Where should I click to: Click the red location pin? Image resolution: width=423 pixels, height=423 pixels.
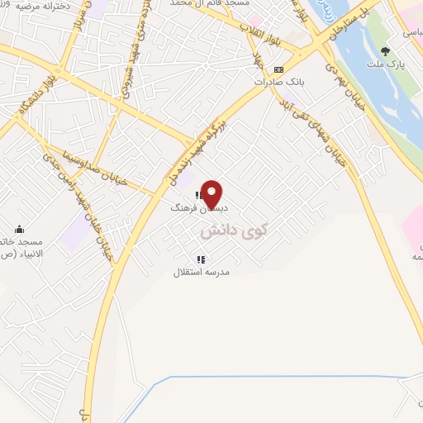213,194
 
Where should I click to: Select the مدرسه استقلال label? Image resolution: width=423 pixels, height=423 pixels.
202,272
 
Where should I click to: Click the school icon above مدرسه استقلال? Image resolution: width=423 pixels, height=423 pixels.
201,259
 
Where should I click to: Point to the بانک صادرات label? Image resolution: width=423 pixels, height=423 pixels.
279,82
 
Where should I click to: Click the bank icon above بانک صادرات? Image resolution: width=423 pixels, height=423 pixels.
279,69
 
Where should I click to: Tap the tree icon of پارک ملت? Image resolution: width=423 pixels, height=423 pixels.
385,50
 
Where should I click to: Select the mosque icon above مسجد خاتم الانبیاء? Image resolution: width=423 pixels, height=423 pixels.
20,230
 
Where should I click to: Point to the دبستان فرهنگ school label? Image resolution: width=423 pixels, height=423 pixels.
191,208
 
